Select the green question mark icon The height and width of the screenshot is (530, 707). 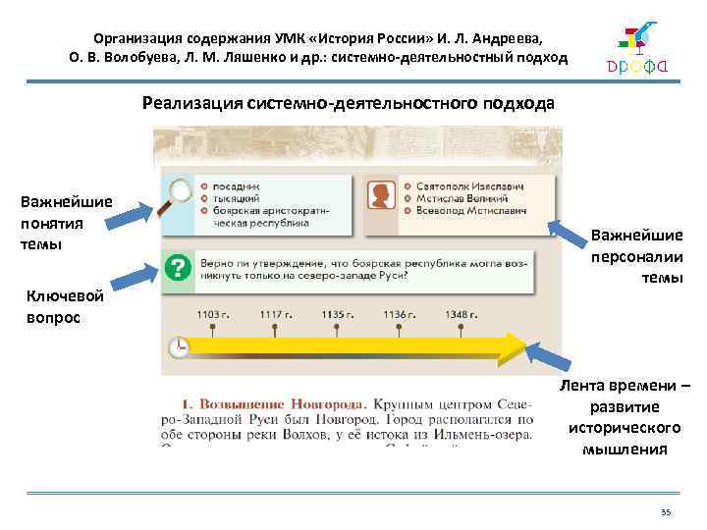177,267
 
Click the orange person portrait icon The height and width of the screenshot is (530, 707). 379,197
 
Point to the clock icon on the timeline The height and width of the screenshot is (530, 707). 178,347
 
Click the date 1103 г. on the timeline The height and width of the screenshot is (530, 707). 213,314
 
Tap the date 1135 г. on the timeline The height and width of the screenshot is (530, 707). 337,314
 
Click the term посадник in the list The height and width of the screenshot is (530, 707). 230,185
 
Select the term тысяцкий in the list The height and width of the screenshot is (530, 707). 232,197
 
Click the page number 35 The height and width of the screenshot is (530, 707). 665,512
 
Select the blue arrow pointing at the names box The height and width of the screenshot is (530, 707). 567,233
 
